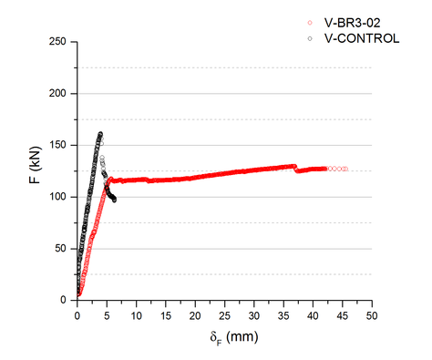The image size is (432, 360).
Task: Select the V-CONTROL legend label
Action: pos(362,38)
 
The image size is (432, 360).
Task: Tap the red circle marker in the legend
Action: pos(311,24)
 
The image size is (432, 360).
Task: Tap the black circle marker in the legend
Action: pos(311,38)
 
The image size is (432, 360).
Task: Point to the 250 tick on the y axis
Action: pos(60,42)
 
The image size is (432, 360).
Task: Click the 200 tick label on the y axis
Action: pos(60,93)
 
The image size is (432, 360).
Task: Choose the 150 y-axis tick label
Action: pos(60,145)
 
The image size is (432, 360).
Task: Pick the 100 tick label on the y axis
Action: pos(60,197)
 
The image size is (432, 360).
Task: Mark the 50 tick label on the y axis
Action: pos(63,248)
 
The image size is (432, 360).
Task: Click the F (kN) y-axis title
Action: pos(36,170)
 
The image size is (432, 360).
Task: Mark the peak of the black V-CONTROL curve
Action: pos(100,134)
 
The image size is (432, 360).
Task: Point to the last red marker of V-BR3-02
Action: pos(345,169)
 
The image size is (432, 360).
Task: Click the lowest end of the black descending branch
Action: pos(114,199)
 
